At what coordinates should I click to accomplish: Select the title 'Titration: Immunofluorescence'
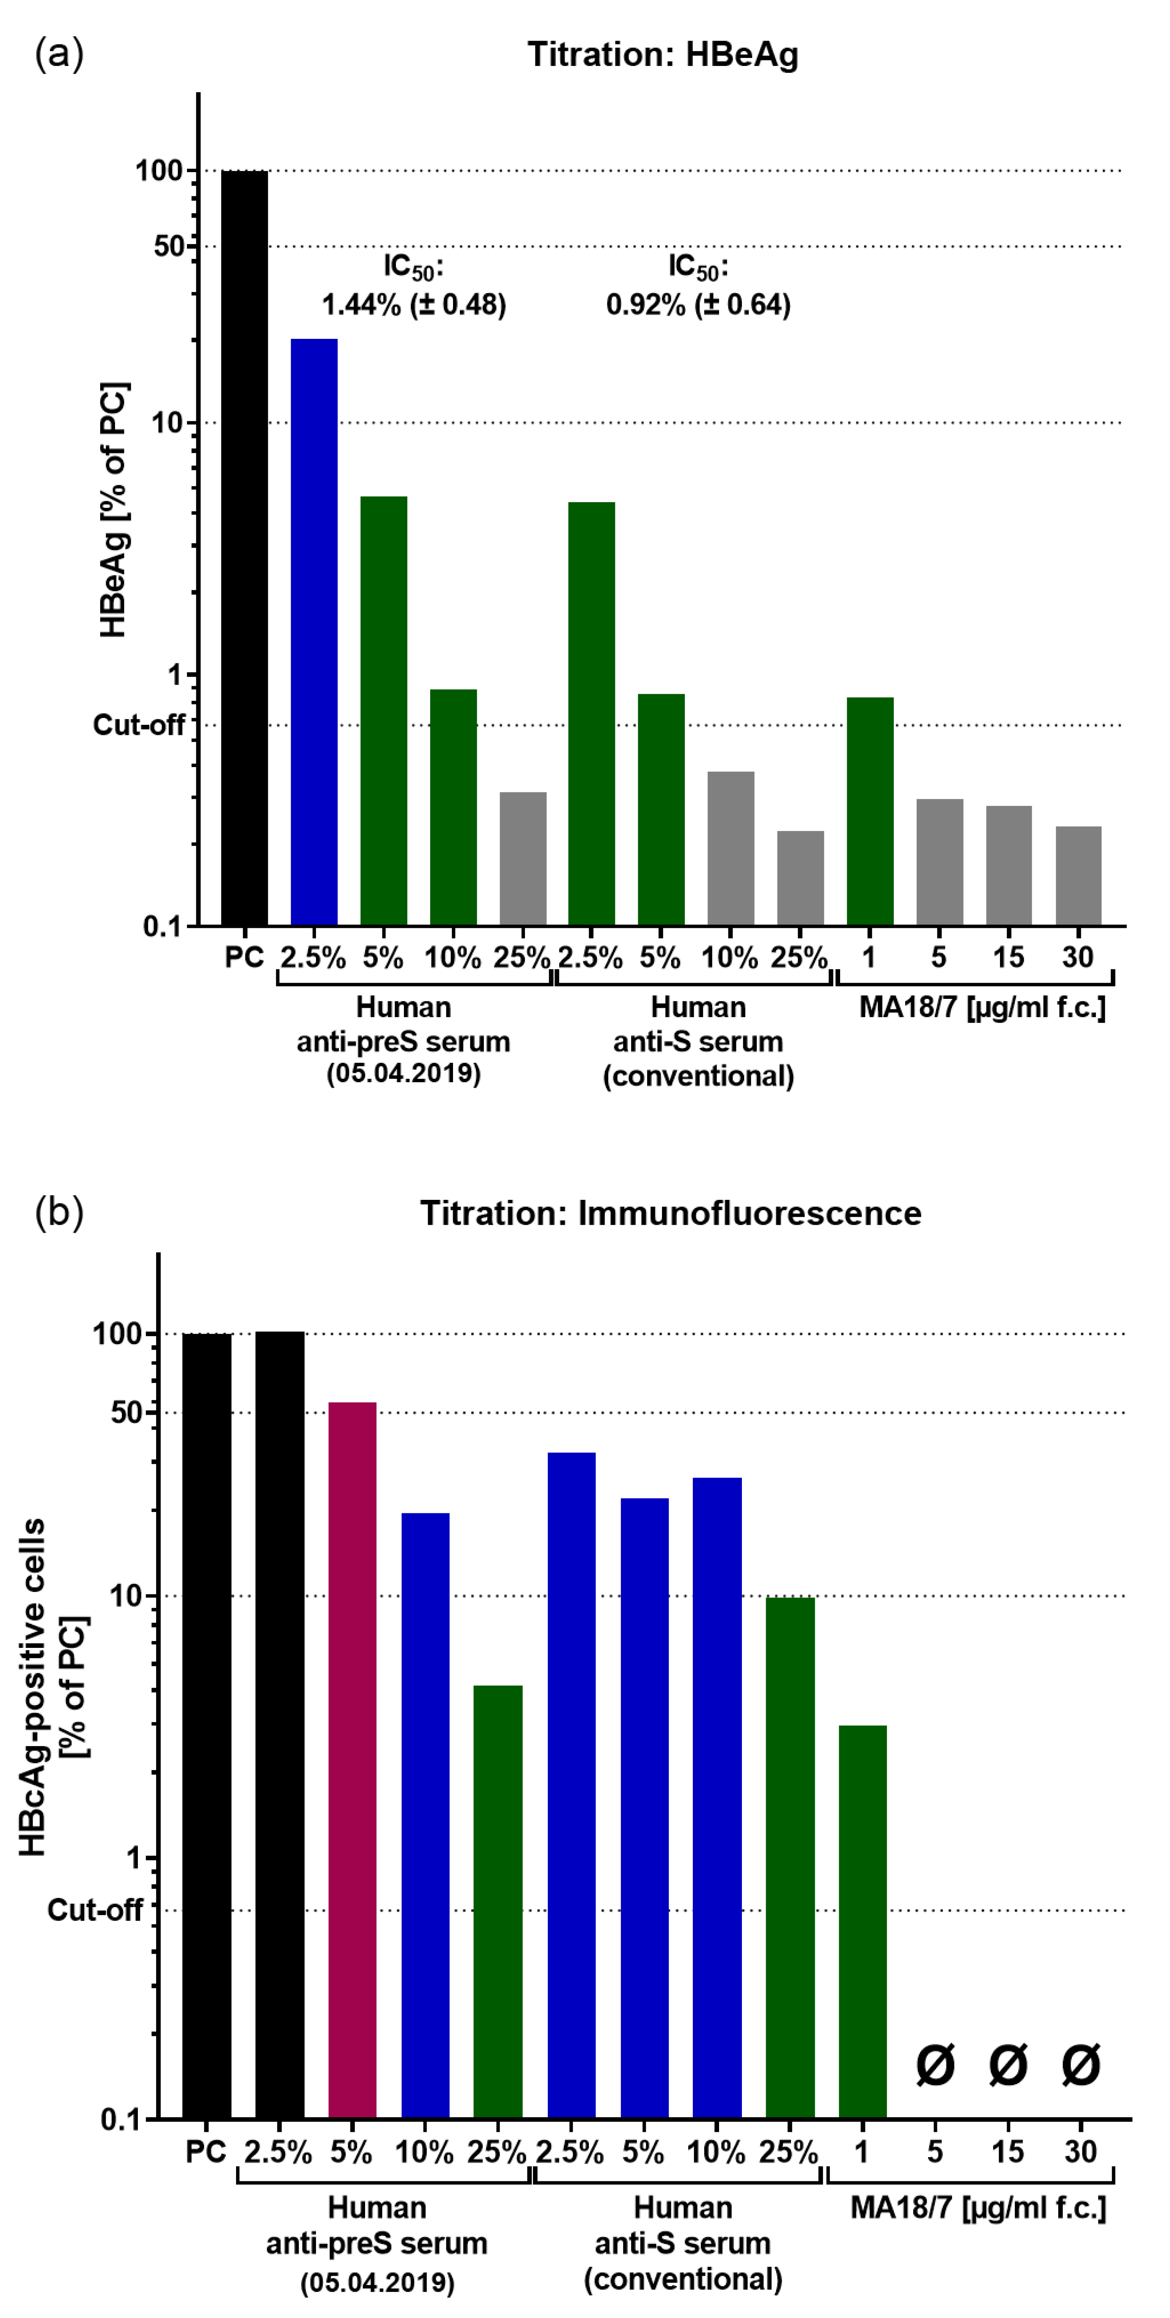coord(670,1213)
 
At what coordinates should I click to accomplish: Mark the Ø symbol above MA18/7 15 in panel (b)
coord(1008,2065)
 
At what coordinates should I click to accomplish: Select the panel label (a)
coord(59,54)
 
